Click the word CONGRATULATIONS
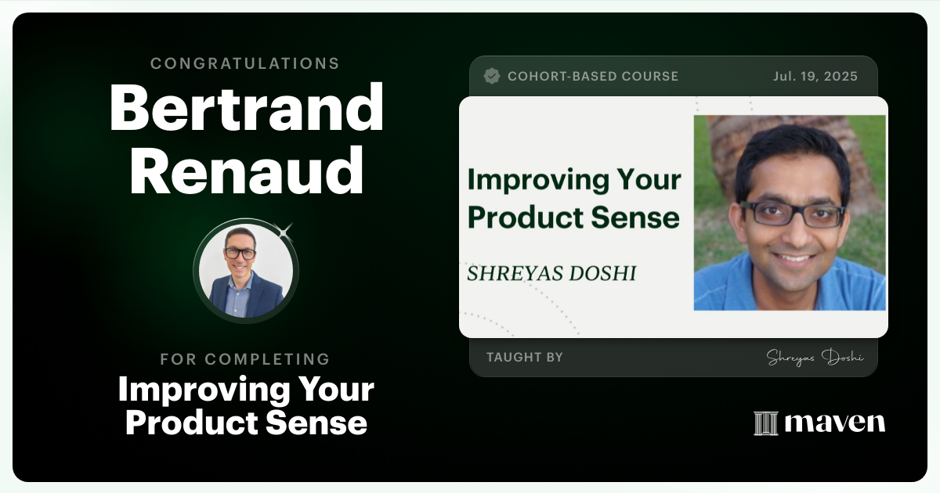245,63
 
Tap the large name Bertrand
246,108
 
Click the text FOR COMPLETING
245,359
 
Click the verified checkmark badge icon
492,76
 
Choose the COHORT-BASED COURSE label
593,76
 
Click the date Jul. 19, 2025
815,76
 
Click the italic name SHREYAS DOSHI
551,273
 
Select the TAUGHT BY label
525,357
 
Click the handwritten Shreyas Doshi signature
814,358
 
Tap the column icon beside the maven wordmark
765,423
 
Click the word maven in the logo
834,423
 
